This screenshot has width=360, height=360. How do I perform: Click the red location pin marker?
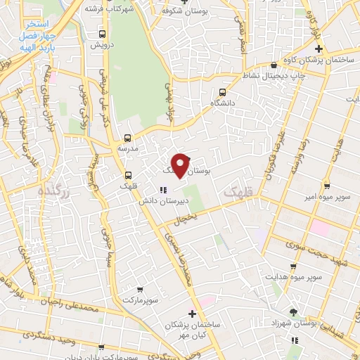click(x=181, y=165)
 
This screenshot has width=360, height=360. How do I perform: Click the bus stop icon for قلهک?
click(x=127, y=175)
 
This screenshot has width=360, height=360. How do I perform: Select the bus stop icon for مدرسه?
click(x=127, y=138)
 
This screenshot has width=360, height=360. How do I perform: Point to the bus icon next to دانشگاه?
click(x=223, y=91)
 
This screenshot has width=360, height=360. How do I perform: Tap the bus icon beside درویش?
click(x=103, y=33)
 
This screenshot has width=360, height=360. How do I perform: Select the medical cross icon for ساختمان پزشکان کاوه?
click(x=319, y=49)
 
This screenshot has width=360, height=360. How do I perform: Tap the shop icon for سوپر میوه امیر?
click(x=327, y=186)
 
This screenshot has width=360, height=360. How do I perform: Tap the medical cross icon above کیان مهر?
click(x=191, y=314)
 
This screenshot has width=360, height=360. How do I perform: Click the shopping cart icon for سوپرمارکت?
click(x=140, y=289)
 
